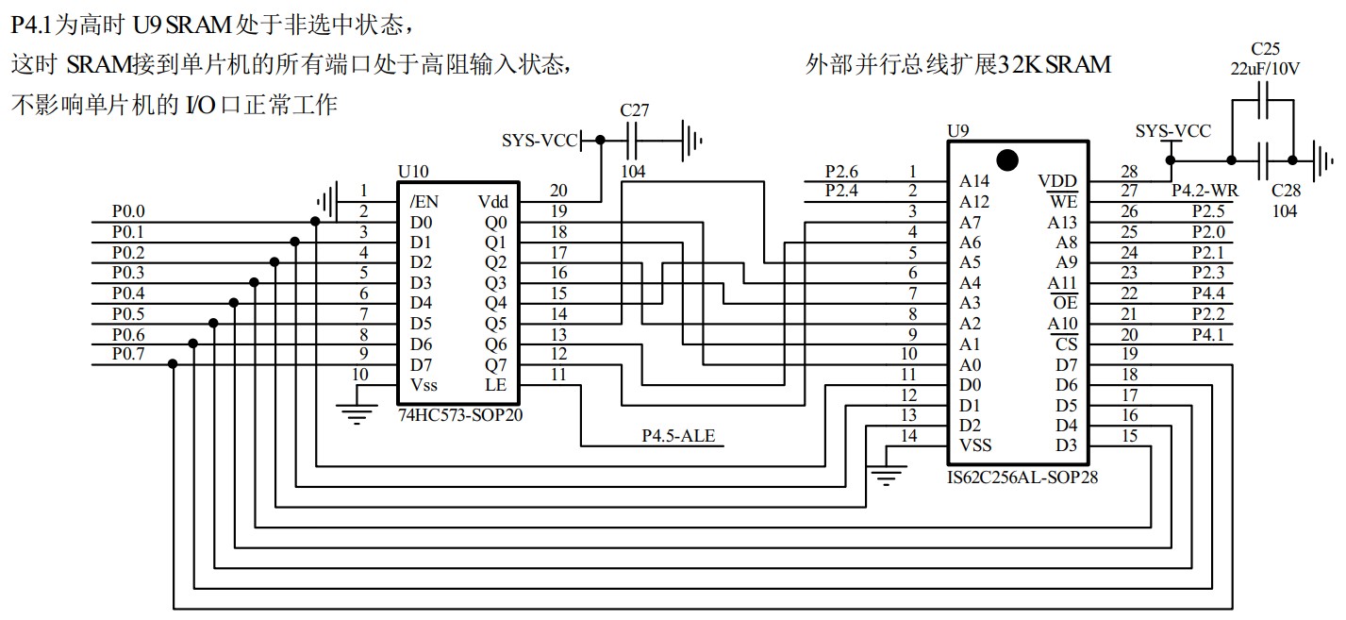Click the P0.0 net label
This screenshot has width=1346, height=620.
128,212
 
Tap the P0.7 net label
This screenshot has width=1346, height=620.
128,354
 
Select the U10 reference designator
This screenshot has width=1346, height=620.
414,172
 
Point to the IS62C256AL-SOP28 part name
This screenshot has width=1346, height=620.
1022,478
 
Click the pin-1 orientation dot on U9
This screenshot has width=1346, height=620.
1007,159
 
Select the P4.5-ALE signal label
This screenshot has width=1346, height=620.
678,435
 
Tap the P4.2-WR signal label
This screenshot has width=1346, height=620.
1205,191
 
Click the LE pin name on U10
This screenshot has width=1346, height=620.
495,384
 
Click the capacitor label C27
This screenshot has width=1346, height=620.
634,110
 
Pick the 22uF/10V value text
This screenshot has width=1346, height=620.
1265,69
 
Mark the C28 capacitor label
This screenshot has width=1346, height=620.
1285,192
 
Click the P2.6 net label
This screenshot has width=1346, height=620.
841,172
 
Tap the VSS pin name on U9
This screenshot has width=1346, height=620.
975,445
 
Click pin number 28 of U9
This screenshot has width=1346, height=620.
1129,171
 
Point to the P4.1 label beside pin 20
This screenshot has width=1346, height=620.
1207,334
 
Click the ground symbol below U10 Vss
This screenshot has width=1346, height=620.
357,413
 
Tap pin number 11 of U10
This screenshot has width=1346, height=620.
558,375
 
